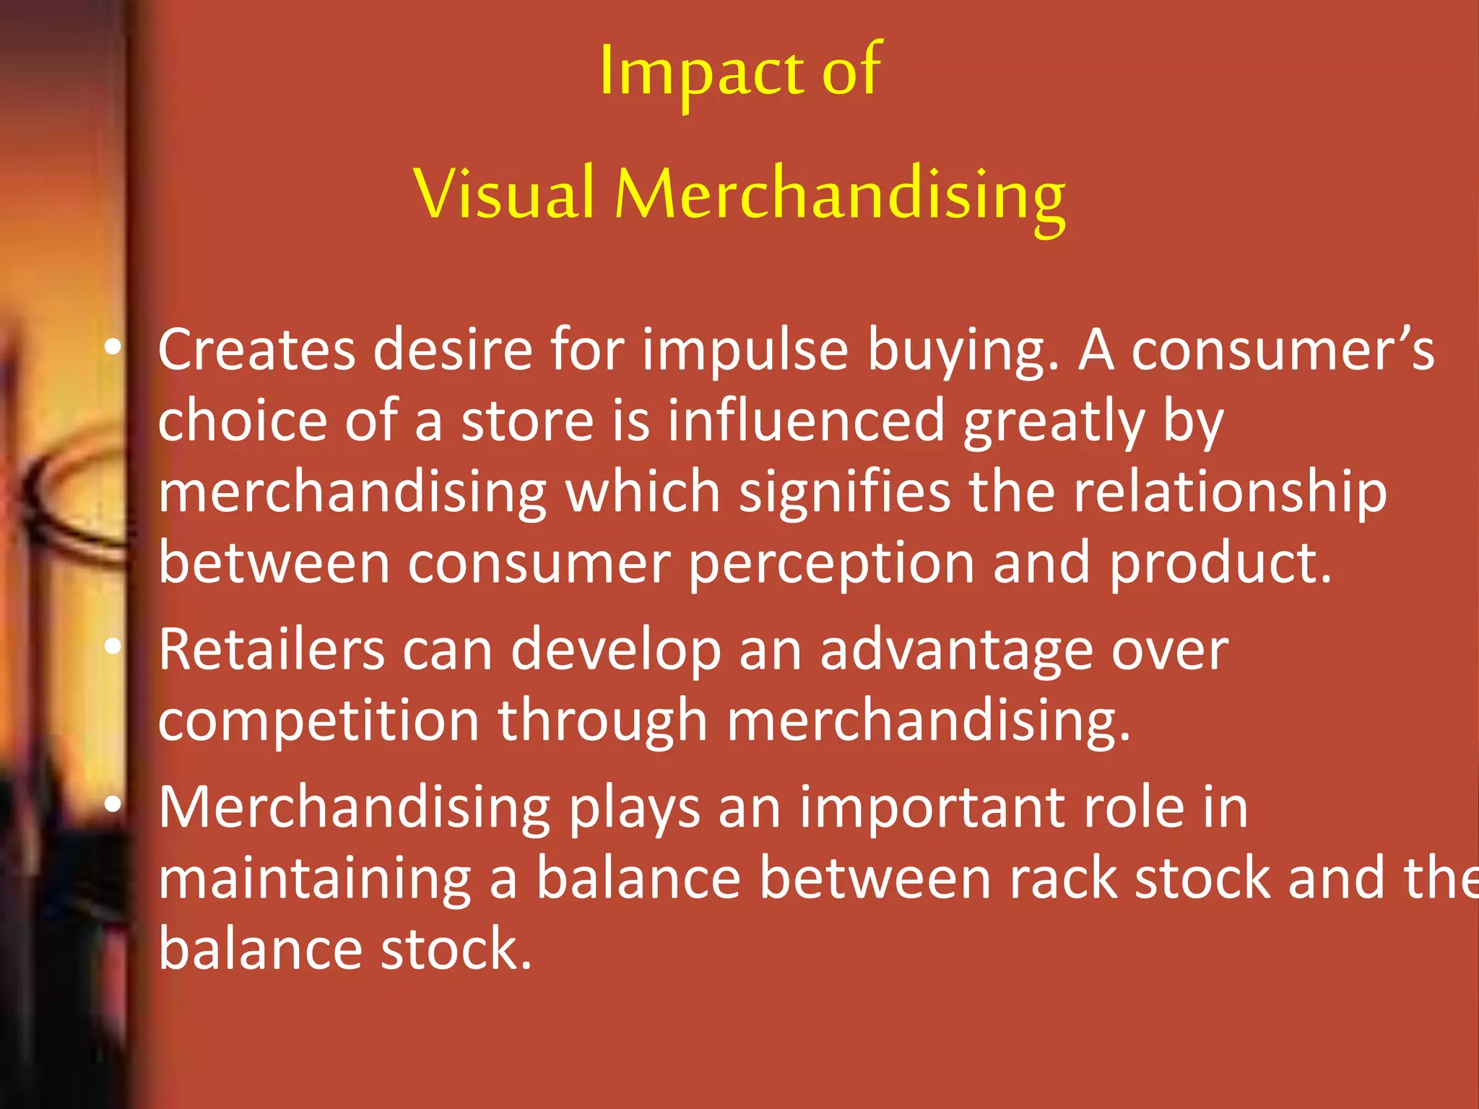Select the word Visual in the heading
click(x=503, y=193)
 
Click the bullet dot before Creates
click(x=113, y=348)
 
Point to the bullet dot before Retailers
click(x=113, y=648)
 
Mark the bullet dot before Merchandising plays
click(x=113, y=805)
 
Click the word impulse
click(x=745, y=351)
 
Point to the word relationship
click(x=1229, y=492)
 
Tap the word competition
click(x=318, y=721)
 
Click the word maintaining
click(x=314, y=879)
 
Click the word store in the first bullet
click(x=527, y=421)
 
